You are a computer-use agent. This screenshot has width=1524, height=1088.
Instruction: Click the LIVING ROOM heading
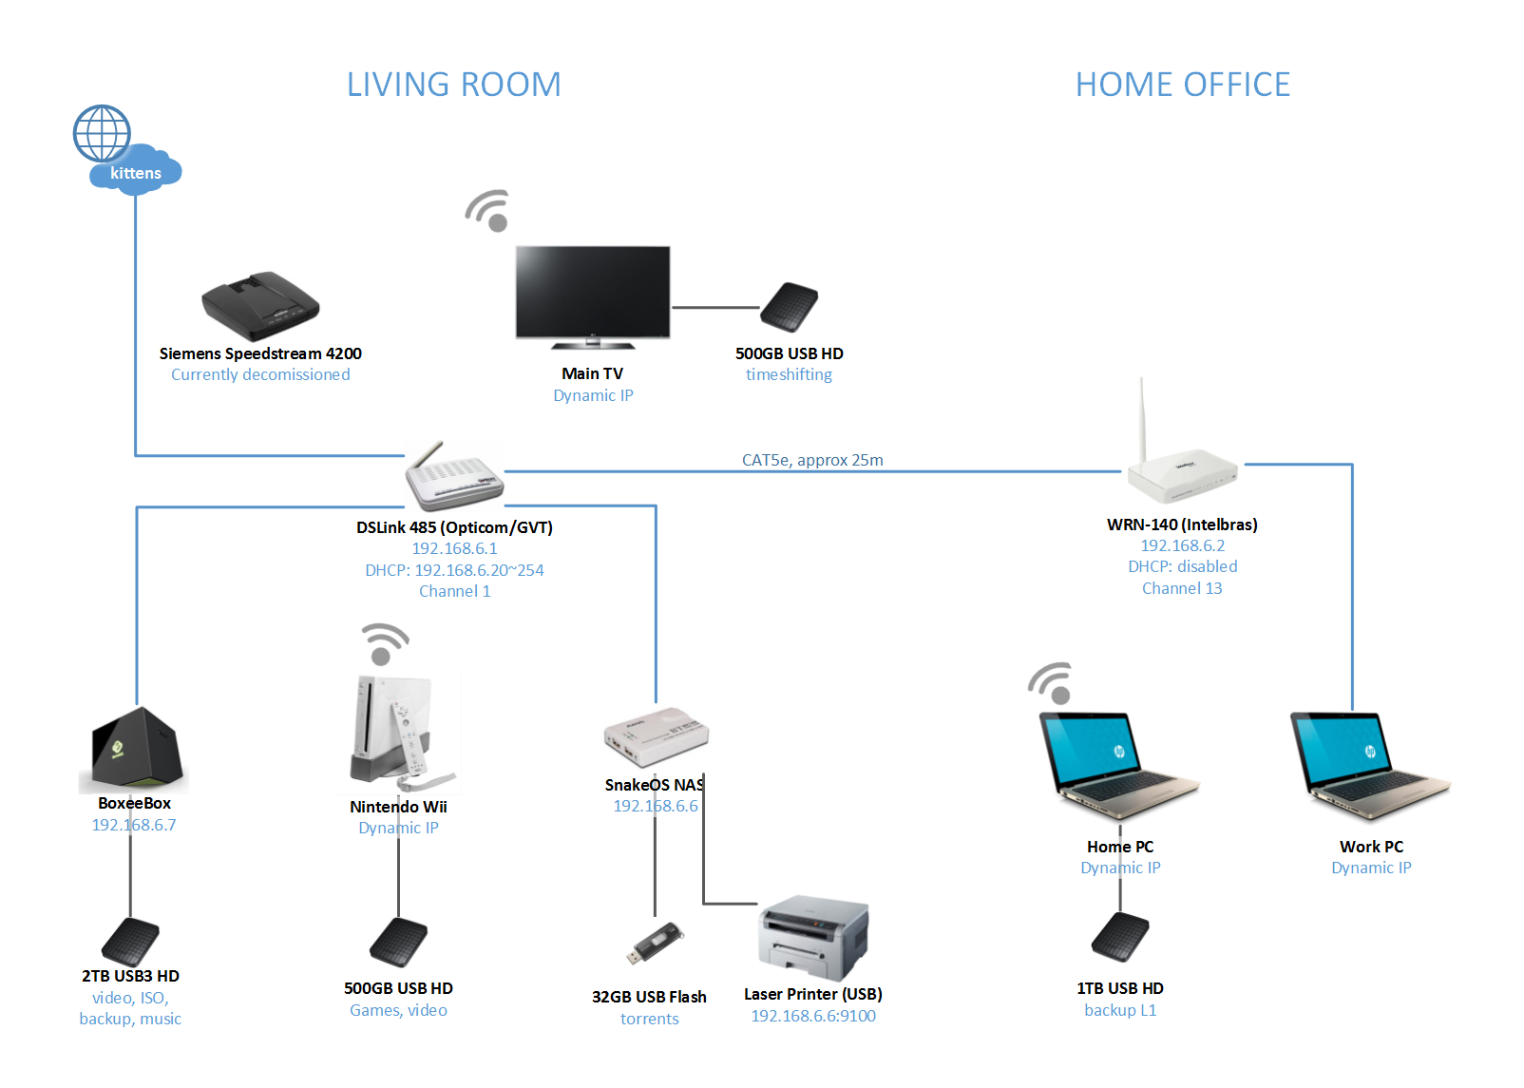click(x=453, y=85)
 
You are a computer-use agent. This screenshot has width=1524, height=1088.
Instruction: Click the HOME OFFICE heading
click(x=1182, y=85)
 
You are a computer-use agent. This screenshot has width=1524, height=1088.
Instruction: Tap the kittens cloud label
click(x=136, y=173)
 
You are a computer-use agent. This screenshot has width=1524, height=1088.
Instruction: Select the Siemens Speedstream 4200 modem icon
click(x=260, y=306)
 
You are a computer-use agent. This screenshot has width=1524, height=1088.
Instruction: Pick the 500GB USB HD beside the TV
click(x=790, y=307)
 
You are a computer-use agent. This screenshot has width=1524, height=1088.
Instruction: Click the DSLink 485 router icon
click(x=454, y=477)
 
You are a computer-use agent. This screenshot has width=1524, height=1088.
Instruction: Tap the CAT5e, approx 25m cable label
click(x=812, y=460)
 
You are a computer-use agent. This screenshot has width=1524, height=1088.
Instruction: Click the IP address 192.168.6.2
click(x=1182, y=545)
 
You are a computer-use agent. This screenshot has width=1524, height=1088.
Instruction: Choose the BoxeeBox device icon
click(x=136, y=748)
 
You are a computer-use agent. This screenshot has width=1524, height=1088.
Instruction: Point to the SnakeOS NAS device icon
click(x=656, y=736)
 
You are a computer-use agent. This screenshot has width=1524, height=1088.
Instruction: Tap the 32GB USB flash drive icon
click(x=655, y=943)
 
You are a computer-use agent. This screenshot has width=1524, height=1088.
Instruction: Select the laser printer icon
click(x=813, y=938)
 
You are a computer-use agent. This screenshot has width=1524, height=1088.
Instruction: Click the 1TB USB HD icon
click(x=1120, y=938)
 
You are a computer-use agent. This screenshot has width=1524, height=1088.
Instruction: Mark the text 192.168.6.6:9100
click(x=813, y=1016)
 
